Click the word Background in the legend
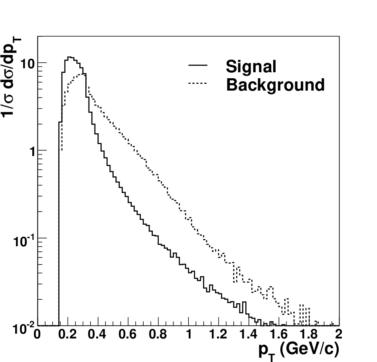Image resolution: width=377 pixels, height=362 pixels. pos(275,85)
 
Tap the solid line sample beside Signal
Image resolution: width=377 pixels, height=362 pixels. pos(197,65)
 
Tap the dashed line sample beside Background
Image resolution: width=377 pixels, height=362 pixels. pos(197,83)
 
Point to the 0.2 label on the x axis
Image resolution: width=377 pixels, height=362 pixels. pos(67,334)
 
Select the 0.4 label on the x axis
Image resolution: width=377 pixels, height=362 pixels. pos(97,334)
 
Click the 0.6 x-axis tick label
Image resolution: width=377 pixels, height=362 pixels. pos(127,334)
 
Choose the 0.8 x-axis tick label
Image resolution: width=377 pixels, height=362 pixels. pos(158,334)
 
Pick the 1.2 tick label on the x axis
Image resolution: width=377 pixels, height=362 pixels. pos(218,334)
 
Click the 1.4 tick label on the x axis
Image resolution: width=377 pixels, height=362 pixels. pos(249,334)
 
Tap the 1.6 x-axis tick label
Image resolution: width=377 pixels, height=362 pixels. pos(278,334)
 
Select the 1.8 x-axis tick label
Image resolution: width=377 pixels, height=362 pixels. pos(309,334)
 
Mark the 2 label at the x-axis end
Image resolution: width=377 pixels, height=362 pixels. pos(339,334)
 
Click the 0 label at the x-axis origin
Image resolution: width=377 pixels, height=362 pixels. pos(37,334)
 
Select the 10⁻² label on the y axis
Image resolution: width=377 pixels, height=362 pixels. pos(24,328)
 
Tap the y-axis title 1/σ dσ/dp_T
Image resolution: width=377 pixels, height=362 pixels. pos(11,77)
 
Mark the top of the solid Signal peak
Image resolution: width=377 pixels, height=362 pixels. pos(69,57)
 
